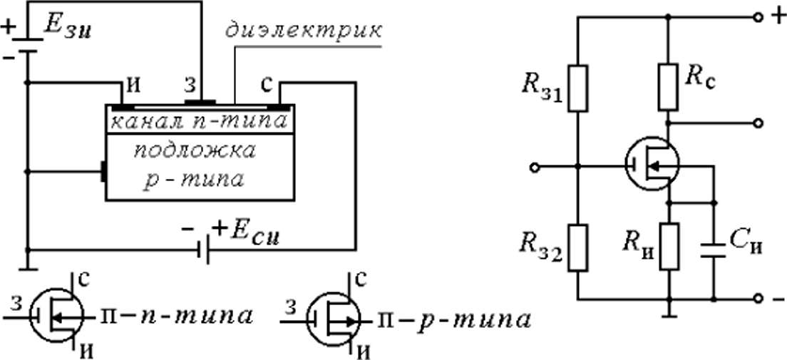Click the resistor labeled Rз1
[578, 88]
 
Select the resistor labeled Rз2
[578, 248]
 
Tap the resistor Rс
[668, 88]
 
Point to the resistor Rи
[669, 247]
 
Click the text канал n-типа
[199, 120]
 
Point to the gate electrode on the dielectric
[200, 103]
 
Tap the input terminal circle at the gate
[535, 165]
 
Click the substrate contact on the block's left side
[103, 172]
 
